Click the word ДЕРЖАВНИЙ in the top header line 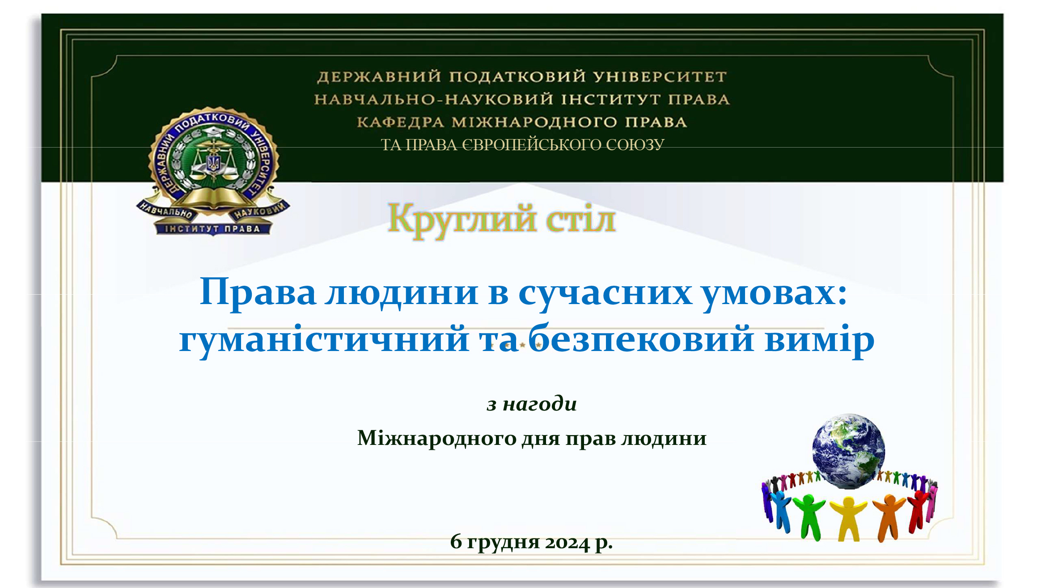pos(379,77)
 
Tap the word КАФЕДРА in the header pos(400,122)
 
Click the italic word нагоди pos(540,404)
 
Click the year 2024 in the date pos(567,542)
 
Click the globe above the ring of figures pos(848,451)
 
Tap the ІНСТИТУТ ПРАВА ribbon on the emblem pos(213,229)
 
